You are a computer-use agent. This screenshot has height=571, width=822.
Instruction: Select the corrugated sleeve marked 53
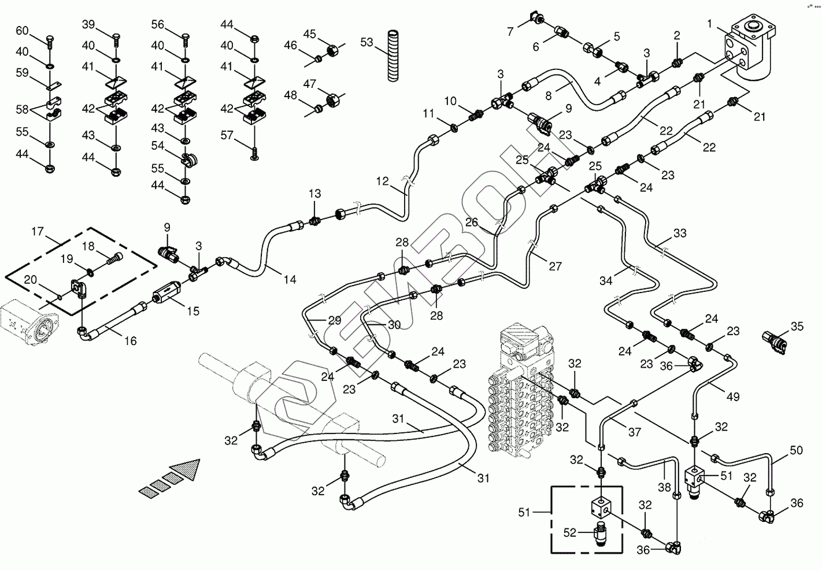(393, 56)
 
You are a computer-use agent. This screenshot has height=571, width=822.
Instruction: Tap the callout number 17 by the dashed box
(38, 232)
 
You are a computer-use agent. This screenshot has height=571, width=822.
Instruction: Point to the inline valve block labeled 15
(166, 291)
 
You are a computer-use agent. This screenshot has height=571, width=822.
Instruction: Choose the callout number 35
(797, 326)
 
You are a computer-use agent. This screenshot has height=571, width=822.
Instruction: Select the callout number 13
(314, 194)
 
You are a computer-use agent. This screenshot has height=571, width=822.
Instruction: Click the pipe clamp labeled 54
(188, 160)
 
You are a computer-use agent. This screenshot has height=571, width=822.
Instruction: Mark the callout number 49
(733, 396)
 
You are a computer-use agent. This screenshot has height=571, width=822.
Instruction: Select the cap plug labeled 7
(536, 17)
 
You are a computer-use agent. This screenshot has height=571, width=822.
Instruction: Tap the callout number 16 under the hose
(130, 341)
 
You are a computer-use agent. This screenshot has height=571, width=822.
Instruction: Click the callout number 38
(664, 487)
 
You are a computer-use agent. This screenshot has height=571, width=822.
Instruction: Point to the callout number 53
(366, 42)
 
